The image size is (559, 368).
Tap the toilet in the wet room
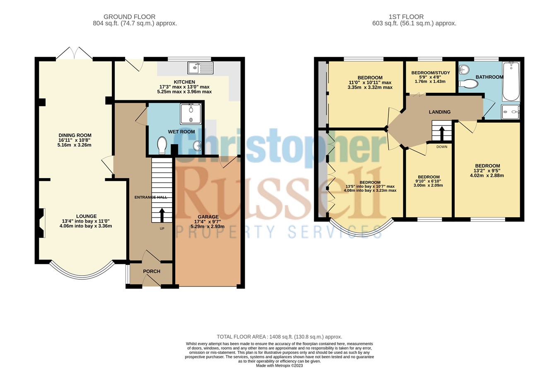coord(162,145)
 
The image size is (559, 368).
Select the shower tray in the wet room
coord(191,114)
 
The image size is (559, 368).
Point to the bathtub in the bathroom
coord(511,81)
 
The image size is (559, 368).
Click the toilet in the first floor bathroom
coord(469,84)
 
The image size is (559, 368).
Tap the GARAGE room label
coord(205,217)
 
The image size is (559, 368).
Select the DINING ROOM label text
coord(75,136)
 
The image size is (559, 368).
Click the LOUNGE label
coord(86,216)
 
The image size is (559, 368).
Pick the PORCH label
coord(152,271)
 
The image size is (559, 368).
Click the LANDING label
coord(439,112)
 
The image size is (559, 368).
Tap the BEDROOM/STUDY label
coord(430,73)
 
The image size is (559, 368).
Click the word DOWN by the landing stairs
coord(441,147)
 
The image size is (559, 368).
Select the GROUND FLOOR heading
coord(129,17)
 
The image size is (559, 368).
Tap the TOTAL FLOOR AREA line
coord(279,337)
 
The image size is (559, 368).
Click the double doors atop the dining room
coord(75,53)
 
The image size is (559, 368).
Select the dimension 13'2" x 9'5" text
coord(487,171)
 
